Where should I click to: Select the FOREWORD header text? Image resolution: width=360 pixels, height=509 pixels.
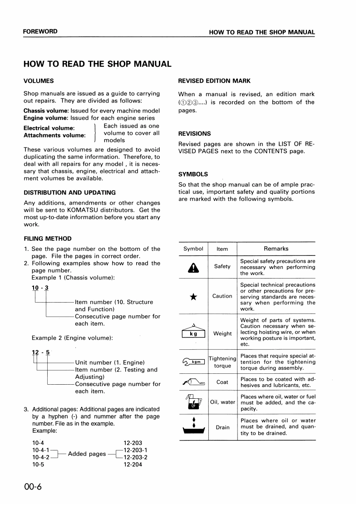click(40, 32)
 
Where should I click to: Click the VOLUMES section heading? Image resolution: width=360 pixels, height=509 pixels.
click(39, 81)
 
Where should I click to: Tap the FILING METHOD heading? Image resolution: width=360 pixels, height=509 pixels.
click(47, 239)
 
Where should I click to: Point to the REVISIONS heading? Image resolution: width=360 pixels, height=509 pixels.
click(194, 134)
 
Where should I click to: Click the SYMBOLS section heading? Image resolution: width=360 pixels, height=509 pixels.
click(193, 174)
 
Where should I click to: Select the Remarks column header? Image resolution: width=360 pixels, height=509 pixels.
click(276, 249)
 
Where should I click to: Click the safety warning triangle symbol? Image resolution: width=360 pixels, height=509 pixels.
click(193, 268)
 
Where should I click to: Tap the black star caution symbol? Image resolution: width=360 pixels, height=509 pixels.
click(193, 297)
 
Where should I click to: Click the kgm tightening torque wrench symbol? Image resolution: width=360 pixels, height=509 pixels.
click(193, 361)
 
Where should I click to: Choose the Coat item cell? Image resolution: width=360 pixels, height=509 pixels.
click(222, 382)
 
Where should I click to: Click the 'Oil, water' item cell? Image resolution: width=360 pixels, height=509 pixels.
click(222, 402)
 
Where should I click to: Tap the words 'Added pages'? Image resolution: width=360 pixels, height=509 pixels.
click(87, 454)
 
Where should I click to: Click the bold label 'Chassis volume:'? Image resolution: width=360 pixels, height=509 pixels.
click(46, 111)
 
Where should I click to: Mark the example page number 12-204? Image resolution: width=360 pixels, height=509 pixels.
click(133, 465)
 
